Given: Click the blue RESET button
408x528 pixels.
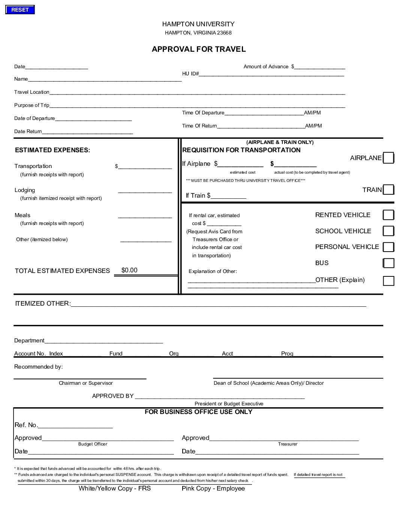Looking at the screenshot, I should click(x=20, y=10).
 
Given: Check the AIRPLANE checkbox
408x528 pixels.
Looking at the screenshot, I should click(x=388, y=158).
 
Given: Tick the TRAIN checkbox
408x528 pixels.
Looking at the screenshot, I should click(x=388, y=190).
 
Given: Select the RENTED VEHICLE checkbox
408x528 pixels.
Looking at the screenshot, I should click(x=388, y=215).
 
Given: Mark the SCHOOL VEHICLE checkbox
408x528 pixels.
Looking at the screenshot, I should click(x=388, y=231).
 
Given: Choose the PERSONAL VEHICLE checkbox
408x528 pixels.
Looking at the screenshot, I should click(x=388, y=247).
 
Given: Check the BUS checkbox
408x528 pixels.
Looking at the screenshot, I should click(x=388, y=263).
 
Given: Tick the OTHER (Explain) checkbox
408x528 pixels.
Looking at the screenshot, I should click(x=388, y=280).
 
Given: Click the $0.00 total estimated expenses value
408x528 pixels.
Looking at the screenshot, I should click(x=130, y=270).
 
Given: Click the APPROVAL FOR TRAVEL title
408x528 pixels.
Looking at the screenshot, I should click(x=199, y=49).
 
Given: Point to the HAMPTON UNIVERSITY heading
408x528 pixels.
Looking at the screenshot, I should click(x=198, y=24).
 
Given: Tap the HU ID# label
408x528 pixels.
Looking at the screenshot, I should click(x=190, y=74).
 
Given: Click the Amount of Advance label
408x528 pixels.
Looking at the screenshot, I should click(x=266, y=67).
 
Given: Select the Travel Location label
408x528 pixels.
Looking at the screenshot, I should click(x=32, y=92).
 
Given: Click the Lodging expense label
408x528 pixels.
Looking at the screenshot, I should click(x=25, y=190).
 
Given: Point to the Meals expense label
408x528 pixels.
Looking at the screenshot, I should click(x=22, y=215).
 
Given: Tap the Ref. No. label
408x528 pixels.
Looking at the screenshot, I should click(x=26, y=425).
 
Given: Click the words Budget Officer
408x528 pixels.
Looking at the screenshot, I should click(x=93, y=444).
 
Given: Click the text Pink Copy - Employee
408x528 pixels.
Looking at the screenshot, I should click(x=213, y=488).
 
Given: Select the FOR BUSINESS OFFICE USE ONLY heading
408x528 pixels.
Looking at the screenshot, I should click(x=198, y=412).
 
